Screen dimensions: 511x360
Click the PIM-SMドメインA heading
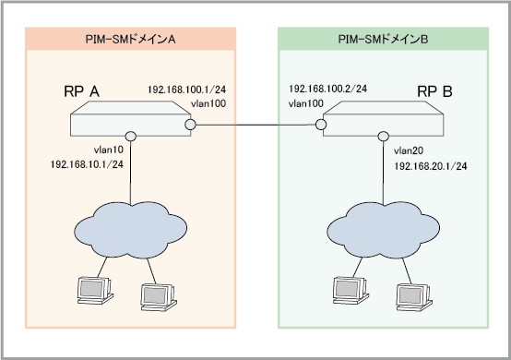(x=130, y=40)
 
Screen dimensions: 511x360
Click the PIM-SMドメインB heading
(x=383, y=40)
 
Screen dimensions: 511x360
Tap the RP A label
(x=81, y=91)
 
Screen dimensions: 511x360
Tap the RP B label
(x=434, y=91)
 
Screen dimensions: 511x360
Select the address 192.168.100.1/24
(x=186, y=90)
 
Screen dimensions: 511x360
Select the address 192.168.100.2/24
(x=327, y=89)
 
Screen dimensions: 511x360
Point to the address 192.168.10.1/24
(x=87, y=164)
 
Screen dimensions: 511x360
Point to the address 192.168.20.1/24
(x=431, y=166)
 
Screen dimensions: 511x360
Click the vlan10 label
(x=109, y=150)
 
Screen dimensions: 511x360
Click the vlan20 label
(x=409, y=150)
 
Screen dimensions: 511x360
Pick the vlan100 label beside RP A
(x=208, y=103)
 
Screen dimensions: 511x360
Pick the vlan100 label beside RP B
(x=306, y=103)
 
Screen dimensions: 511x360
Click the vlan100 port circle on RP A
(x=190, y=125)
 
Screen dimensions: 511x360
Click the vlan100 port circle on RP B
(x=321, y=125)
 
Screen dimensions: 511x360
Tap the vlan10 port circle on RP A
(x=131, y=136)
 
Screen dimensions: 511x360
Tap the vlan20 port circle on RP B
(x=384, y=136)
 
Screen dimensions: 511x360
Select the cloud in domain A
(x=131, y=230)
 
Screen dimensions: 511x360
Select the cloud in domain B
(x=384, y=230)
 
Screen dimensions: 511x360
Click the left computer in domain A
(x=95, y=290)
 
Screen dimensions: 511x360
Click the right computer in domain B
(x=414, y=297)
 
